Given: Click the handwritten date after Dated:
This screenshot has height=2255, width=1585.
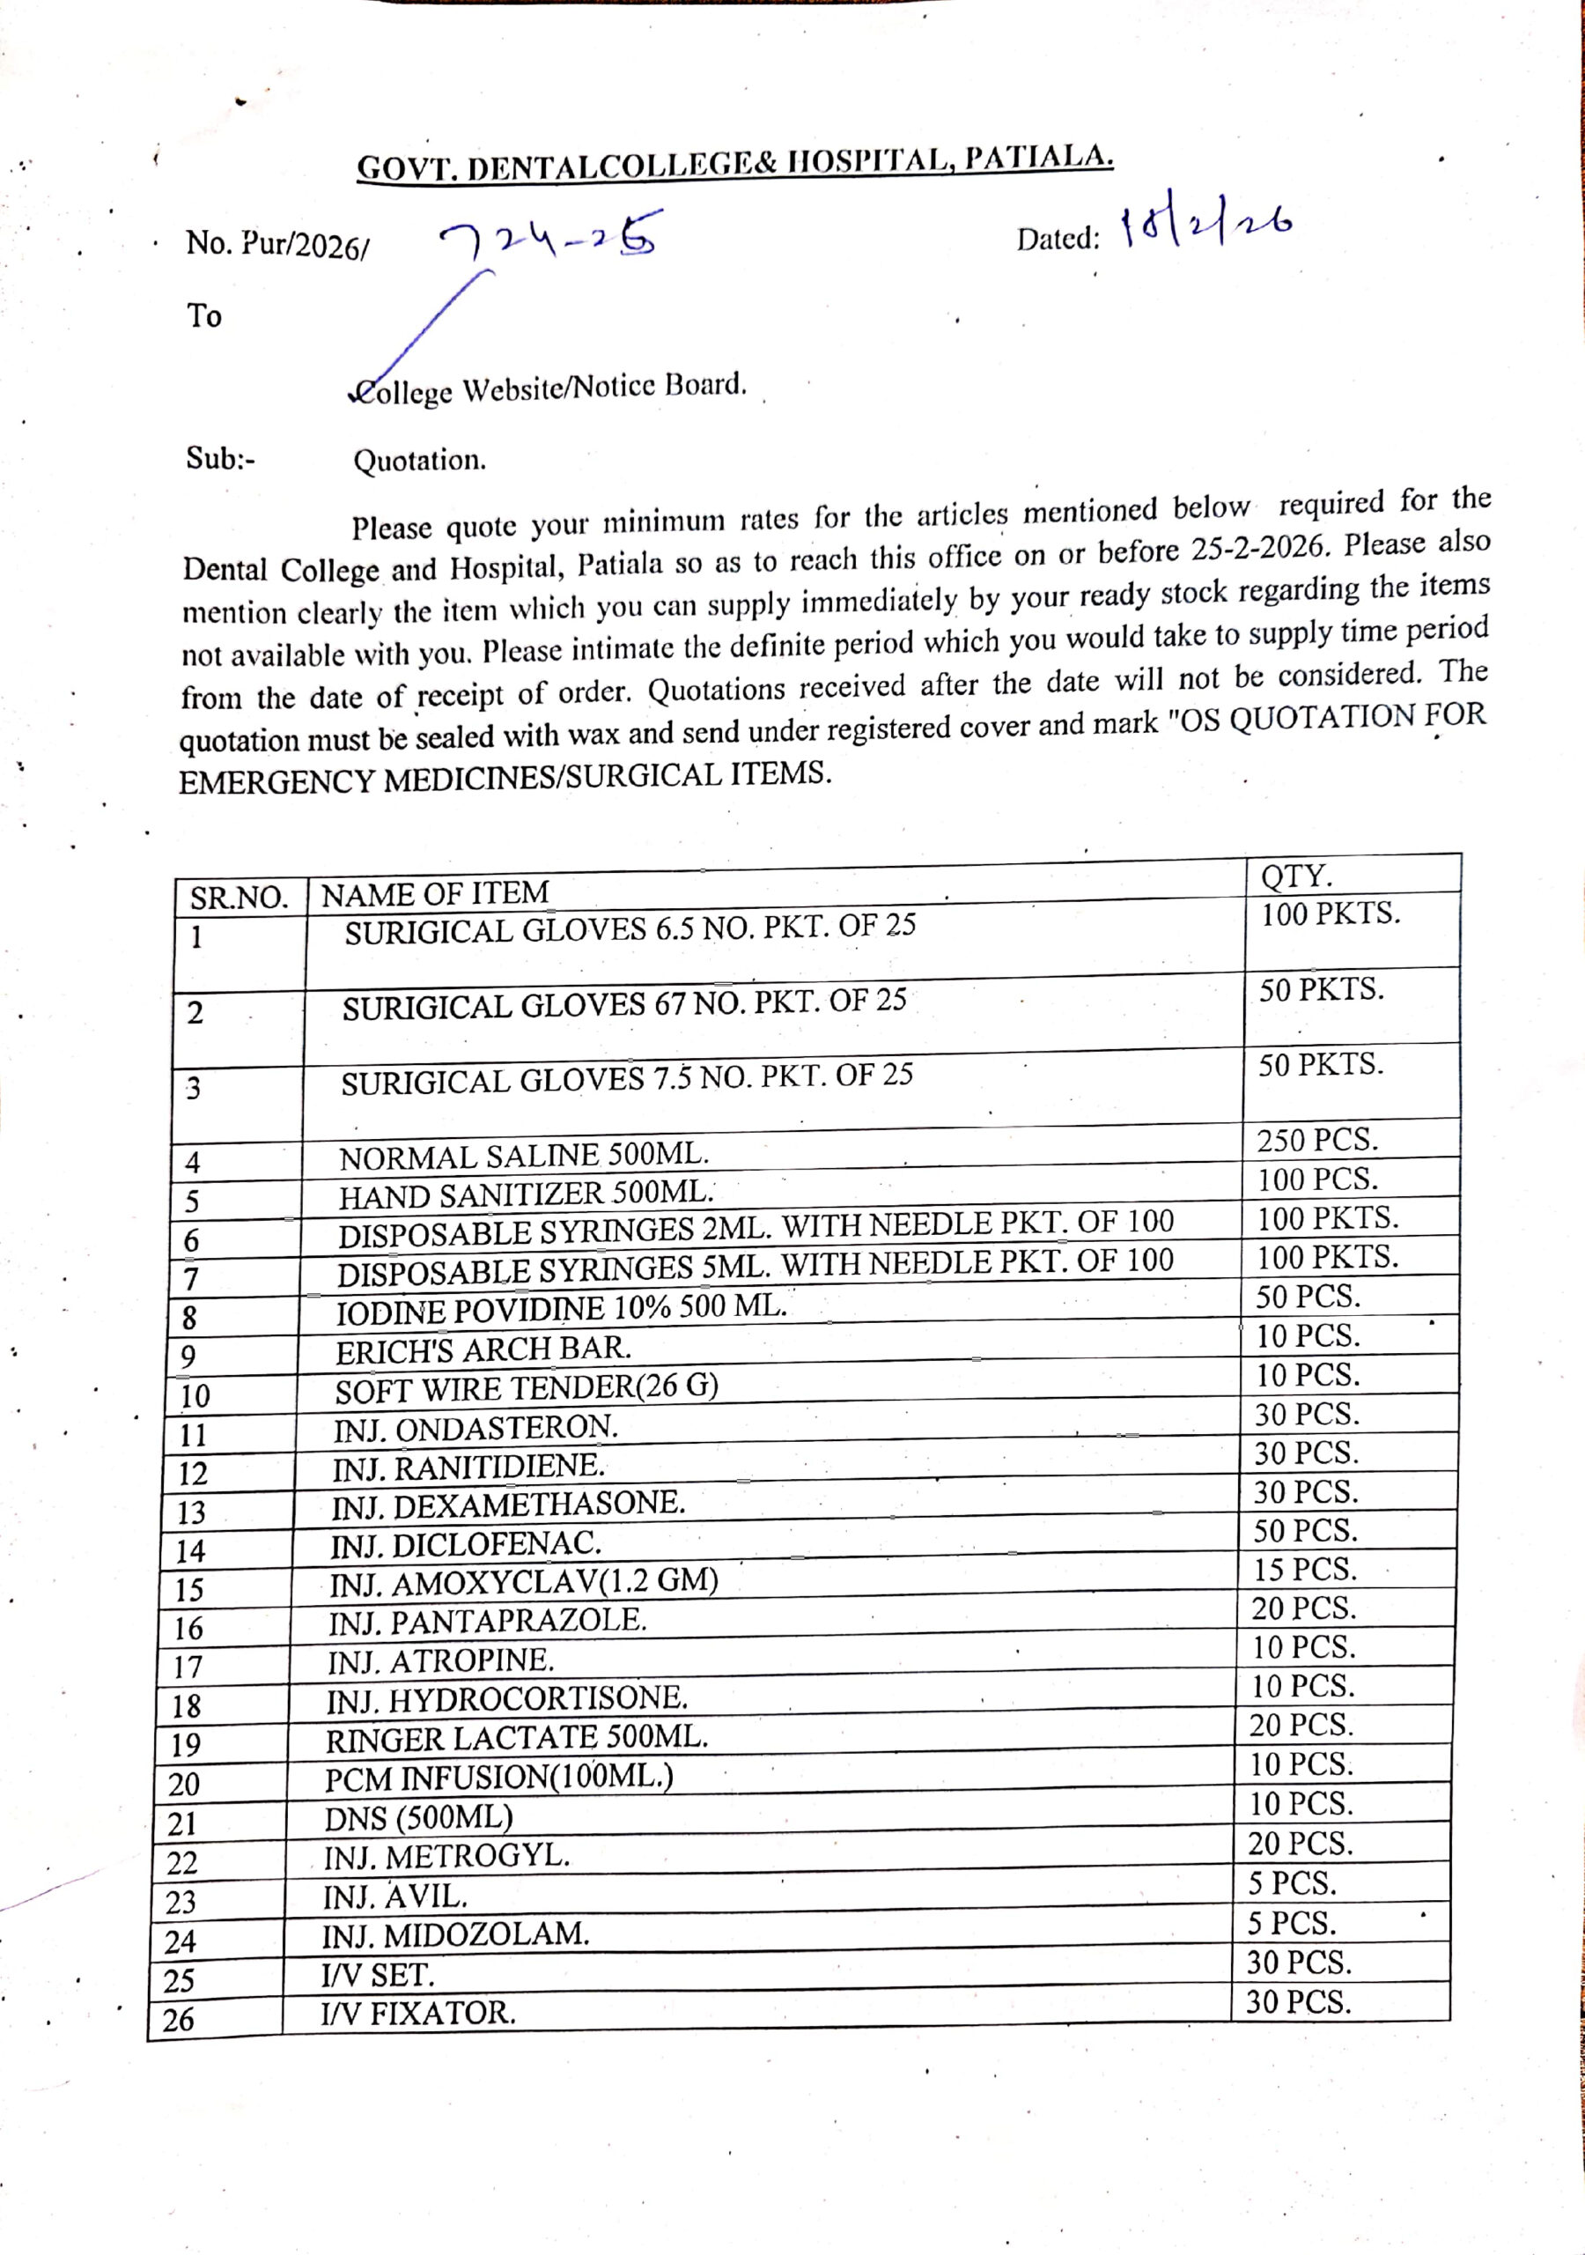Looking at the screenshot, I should point(1206,227).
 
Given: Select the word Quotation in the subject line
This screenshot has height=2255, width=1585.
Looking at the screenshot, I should point(419,460).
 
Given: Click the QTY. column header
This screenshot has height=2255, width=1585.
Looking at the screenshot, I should point(1295,874).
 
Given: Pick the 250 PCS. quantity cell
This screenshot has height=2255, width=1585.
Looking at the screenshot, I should point(1317,1140).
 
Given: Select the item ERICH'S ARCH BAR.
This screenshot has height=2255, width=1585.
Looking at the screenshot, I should point(483,1349).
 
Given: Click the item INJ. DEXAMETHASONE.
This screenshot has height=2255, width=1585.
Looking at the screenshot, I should point(508,1504).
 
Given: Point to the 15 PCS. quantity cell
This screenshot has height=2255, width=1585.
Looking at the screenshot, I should point(1304,1570).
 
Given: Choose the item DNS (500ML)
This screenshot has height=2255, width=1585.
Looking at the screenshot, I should point(418,1818).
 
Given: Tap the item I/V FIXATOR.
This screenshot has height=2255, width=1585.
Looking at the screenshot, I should point(417,2013).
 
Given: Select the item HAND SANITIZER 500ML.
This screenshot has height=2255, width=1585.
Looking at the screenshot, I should point(526,1194).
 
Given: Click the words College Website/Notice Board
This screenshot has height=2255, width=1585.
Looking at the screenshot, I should point(550,389).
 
